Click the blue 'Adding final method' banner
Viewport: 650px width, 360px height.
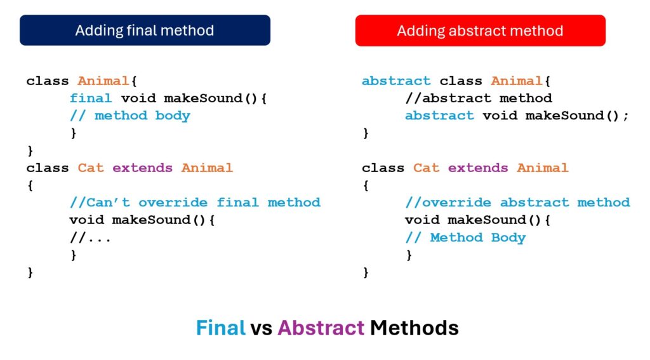(145, 30)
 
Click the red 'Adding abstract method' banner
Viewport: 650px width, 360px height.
(480, 30)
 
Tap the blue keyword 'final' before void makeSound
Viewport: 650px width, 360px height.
(91, 98)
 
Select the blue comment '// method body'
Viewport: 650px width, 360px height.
(129, 116)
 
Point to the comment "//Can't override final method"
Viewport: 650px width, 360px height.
(195, 203)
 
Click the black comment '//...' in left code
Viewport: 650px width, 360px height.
(90, 237)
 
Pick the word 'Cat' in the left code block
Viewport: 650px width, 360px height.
(90, 168)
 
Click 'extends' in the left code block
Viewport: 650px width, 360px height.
(142, 168)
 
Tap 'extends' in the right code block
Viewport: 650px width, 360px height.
(477, 168)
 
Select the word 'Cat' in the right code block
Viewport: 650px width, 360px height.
(426, 168)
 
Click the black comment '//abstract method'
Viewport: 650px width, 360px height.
(479, 98)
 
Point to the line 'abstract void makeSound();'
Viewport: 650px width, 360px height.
(517, 116)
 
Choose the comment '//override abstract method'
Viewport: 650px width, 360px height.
(517, 203)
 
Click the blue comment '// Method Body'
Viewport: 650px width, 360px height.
(465, 237)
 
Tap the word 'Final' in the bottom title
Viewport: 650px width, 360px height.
(220, 328)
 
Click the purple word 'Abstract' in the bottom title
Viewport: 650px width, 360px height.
(321, 328)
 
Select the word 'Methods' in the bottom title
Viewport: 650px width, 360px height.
(414, 328)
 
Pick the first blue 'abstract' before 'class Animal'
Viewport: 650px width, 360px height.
(396, 81)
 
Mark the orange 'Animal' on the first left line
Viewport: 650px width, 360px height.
(103, 81)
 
